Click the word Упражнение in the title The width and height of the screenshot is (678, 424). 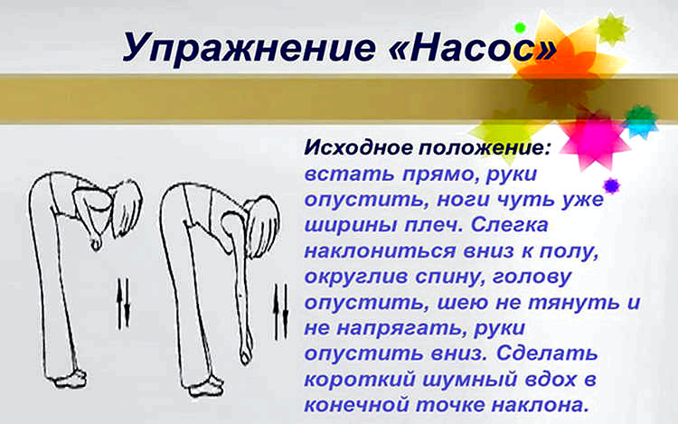249,47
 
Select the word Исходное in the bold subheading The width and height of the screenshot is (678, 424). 359,148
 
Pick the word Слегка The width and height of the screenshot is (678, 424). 508,224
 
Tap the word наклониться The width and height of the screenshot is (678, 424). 380,250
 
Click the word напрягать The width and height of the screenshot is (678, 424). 400,328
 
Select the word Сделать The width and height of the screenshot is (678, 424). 547,353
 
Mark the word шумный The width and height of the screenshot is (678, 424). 469,380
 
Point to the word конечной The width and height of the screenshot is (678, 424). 357,405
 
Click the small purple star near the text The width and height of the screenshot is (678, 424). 611,186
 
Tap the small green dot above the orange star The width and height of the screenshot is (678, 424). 520,28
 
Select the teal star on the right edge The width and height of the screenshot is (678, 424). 642,120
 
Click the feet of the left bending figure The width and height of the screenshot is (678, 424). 70,379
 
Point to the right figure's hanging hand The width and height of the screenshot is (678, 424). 246,353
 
